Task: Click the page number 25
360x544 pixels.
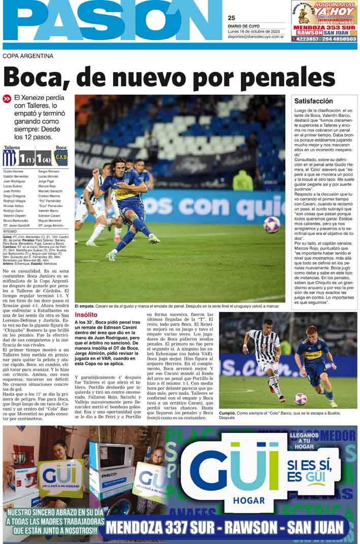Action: (x=232, y=17)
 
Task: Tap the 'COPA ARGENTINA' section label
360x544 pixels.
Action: (x=28, y=56)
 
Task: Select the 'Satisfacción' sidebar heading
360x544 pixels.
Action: (x=314, y=101)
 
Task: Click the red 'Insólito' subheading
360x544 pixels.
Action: (x=86, y=315)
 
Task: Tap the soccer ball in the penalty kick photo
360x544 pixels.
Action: (x=272, y=224)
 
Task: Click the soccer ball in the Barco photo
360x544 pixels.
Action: (x=301, y=399)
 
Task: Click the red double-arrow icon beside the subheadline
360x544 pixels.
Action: (x=7, y=99)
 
